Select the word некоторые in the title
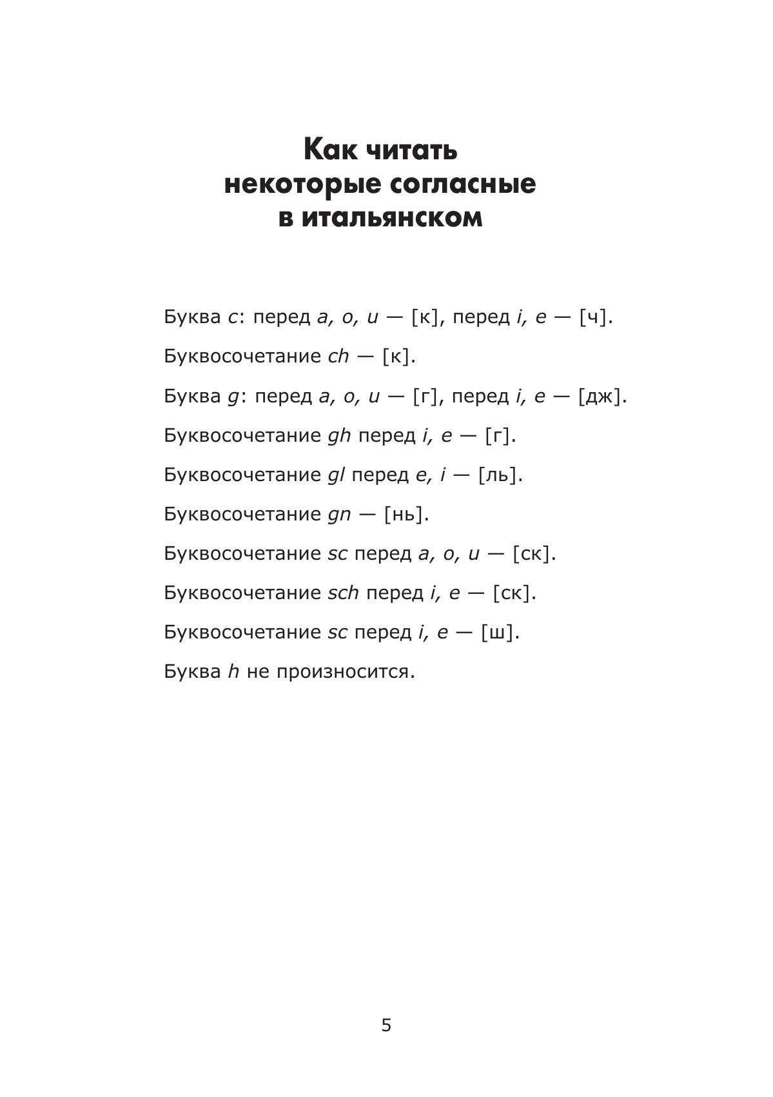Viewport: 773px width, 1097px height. (303, 184)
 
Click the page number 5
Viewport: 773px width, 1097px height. (386, 1025)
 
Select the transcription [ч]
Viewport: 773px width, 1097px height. (593, 317)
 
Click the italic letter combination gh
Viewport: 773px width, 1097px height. (339, 436)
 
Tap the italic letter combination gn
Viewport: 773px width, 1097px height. (339, 515)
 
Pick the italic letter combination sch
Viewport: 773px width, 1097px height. (343, 593)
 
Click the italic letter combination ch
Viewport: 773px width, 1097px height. (338, 357)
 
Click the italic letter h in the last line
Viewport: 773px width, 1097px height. (233, 671)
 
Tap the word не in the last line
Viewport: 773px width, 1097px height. (257, 672)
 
